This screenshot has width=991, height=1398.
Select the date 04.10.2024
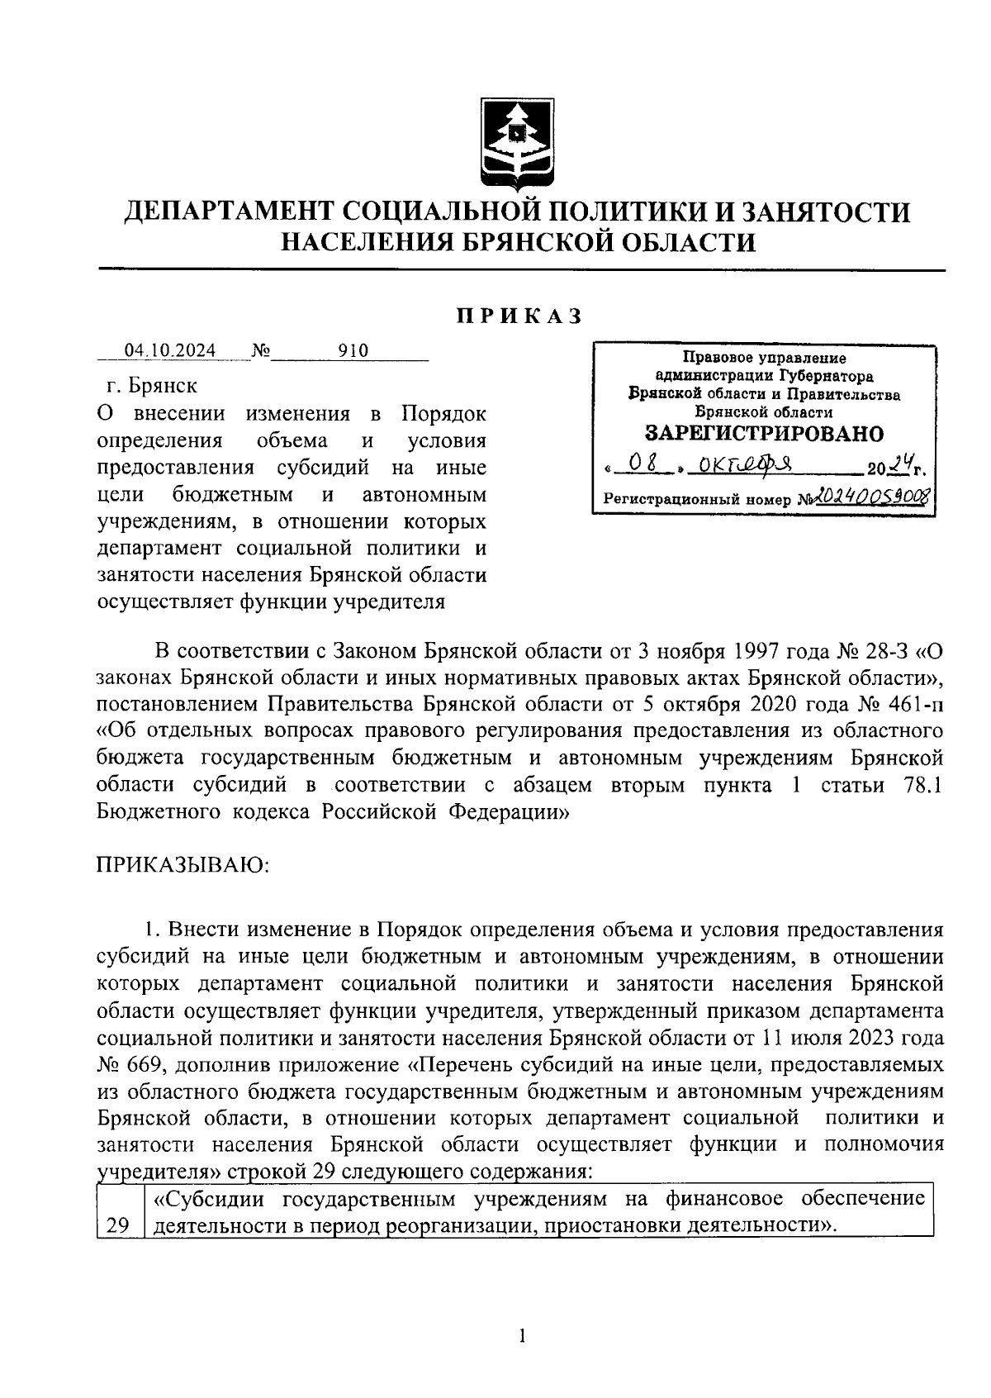point(170,351)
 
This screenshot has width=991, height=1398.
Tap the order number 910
point(353,351)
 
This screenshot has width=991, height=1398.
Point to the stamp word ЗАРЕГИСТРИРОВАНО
point(763,433)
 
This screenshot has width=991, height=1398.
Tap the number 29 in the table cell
point(118,1226)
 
